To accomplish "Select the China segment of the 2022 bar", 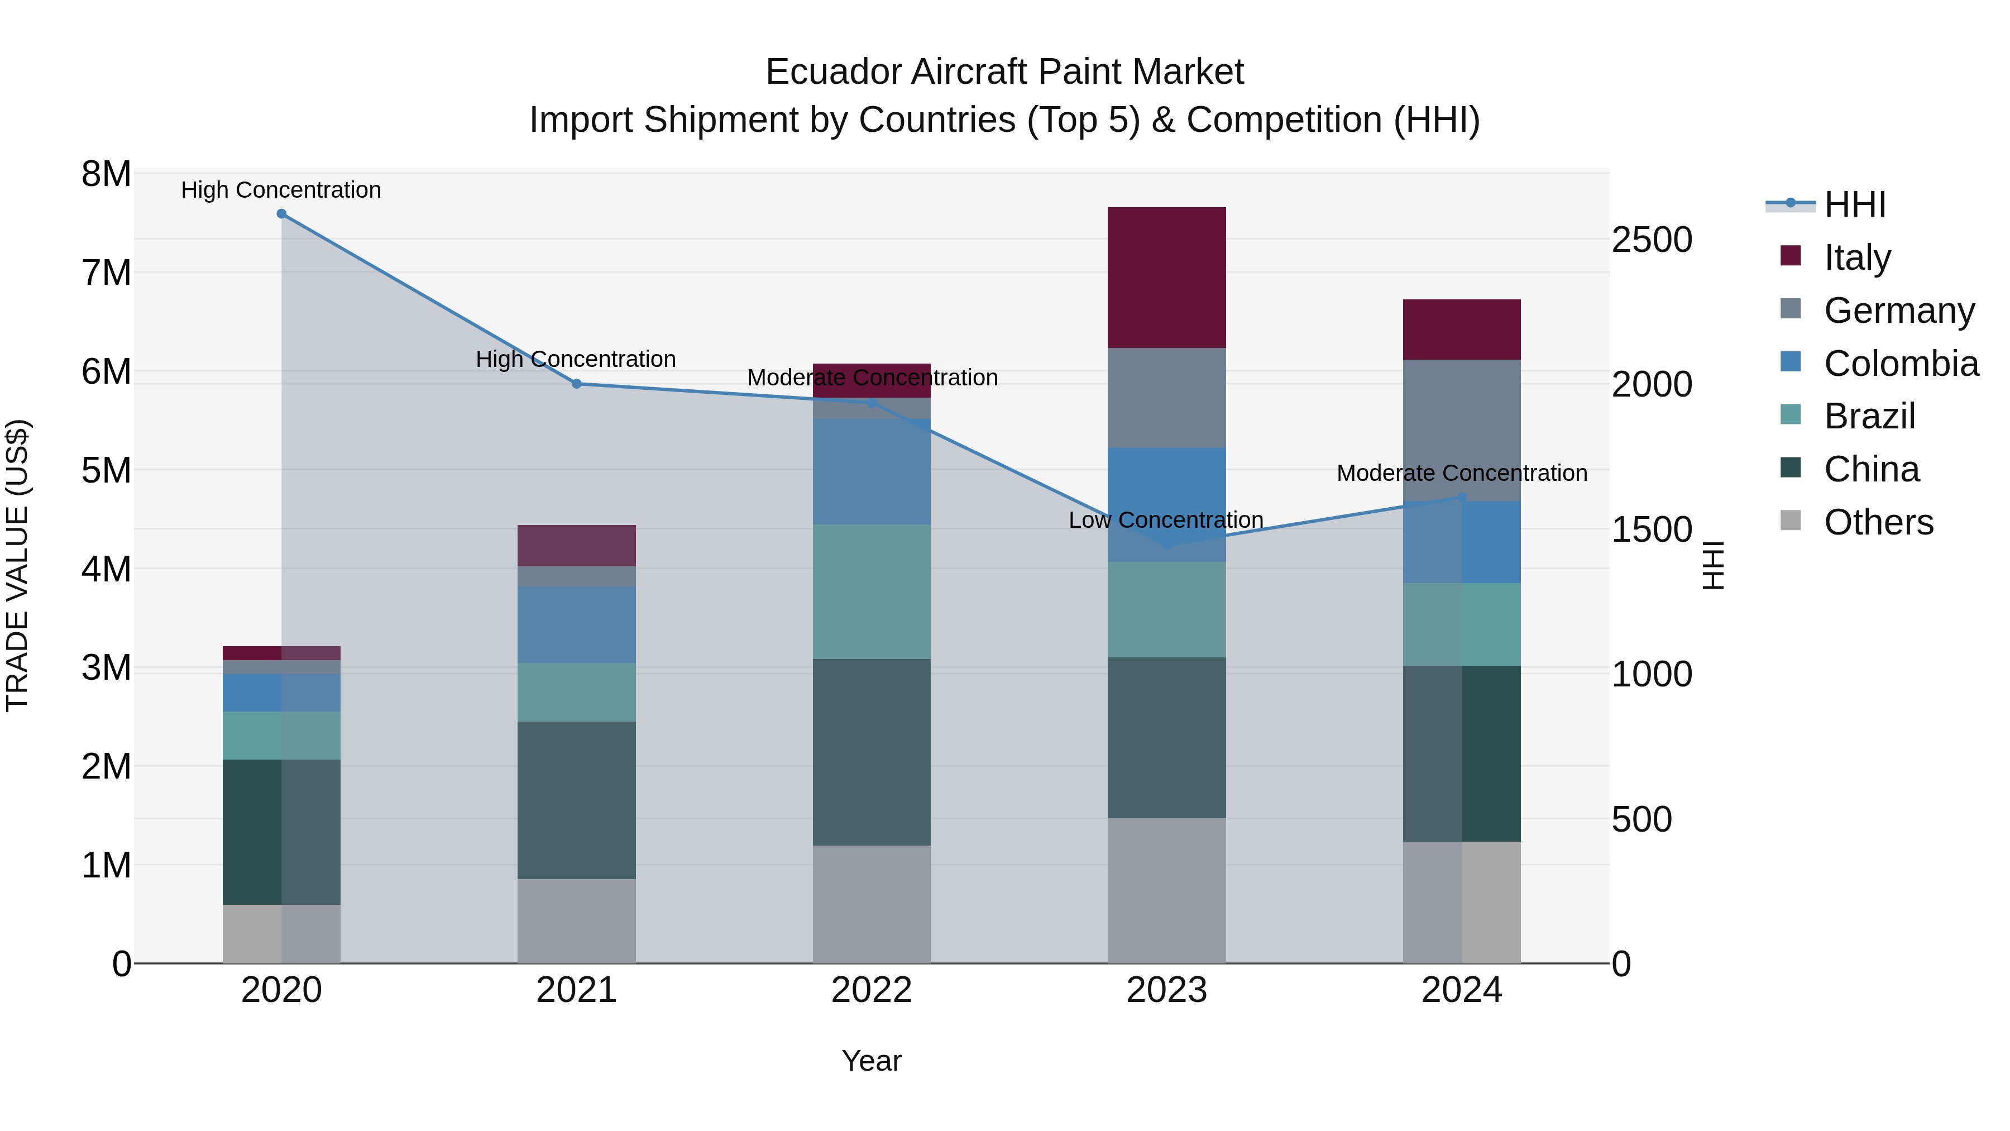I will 872,752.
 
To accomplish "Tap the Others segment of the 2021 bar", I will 577,921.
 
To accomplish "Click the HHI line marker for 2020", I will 282,214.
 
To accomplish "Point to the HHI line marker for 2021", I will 577,383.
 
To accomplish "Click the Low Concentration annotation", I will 1166,520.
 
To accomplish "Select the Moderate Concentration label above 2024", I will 1462,473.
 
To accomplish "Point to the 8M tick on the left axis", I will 106,174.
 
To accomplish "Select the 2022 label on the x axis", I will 872,990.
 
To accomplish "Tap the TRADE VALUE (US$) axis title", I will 17,566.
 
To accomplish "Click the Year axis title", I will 872,1061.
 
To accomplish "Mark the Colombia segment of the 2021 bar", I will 577,624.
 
